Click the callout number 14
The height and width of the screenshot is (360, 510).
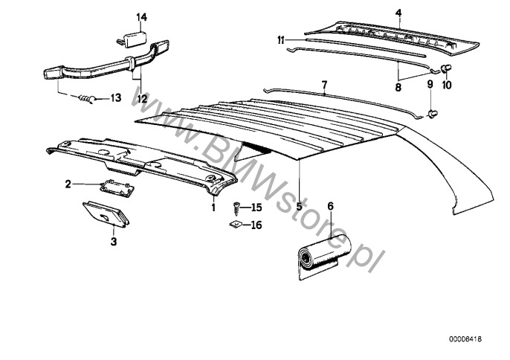tap(141, 17)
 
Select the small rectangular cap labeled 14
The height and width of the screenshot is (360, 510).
tap(132, 39)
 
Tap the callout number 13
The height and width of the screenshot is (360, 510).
tap(115, 97)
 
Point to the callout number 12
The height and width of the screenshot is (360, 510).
tap(142, 99)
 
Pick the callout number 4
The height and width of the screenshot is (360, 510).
tap(398, 13)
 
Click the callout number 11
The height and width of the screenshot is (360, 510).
tap(281, 41)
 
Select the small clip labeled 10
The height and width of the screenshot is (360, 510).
tap(447, 68)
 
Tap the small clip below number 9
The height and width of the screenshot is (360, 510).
tap(433, 114)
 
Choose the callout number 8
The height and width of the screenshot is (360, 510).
tap(398, 87)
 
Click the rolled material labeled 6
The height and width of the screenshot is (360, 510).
tap(324, 256)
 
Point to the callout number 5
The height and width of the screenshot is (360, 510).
tap(299, 206)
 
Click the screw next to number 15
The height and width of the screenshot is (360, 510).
tap(236, 208)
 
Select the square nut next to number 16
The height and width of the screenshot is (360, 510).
tap(236, 225)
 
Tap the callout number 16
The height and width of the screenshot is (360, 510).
tap(256, 225)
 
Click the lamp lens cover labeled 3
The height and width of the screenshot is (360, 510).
tap(106, 213)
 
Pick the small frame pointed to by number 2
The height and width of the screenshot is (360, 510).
tap(117, 188)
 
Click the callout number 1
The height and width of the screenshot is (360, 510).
tap(213, 207)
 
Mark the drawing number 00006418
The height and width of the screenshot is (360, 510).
tap(465, 339)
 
